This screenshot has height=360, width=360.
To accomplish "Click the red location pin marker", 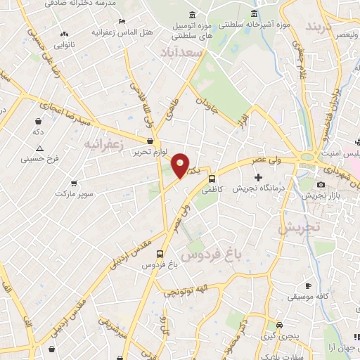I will coord(181,165).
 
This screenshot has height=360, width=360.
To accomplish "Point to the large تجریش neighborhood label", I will coord(298,227).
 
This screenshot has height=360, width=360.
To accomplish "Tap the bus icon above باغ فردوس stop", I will coord(160,254).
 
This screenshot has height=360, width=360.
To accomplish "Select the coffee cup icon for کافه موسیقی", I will coord(308,285).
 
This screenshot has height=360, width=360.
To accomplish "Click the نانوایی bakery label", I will coord(65,44).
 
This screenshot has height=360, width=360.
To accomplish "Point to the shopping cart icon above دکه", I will coord(37,120).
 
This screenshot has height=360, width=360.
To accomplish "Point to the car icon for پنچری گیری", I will coord(280,326).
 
